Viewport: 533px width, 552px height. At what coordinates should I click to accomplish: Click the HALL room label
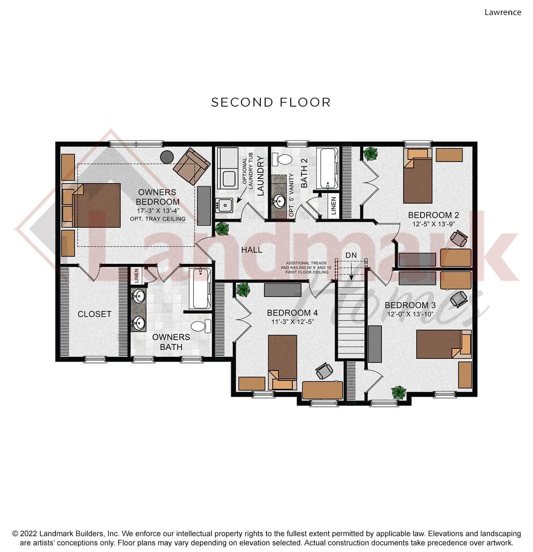tap(252, 250)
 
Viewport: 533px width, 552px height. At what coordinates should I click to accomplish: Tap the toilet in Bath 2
tap(281, 159)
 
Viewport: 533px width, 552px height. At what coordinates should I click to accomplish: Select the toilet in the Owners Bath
tap(201, 326)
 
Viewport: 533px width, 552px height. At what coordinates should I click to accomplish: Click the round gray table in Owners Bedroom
tap(167, 157)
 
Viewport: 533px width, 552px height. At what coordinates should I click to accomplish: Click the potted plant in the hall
tap(222, 229)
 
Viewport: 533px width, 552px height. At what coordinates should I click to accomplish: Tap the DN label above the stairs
tap(351, 255)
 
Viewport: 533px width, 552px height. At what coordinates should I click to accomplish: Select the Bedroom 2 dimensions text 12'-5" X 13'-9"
tap(433, 224)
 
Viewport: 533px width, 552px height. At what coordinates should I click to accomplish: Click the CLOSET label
tap(94, 314)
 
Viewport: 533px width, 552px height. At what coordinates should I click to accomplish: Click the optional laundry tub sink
tap(224, 205)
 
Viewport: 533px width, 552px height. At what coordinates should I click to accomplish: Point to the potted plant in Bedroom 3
tap(399, 392)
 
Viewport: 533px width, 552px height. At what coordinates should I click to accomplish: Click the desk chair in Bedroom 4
tap(324, 371)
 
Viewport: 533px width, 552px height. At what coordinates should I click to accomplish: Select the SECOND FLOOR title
tap(271, 102)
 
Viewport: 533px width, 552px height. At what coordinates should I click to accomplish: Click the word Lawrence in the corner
tap(503, 12)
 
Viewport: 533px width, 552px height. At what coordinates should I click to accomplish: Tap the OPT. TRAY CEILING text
tap(157, 219)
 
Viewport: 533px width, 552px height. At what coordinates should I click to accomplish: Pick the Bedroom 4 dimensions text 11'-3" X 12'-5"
tap(292, 322)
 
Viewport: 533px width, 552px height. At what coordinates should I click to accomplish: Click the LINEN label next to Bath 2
tap(334, 206)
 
